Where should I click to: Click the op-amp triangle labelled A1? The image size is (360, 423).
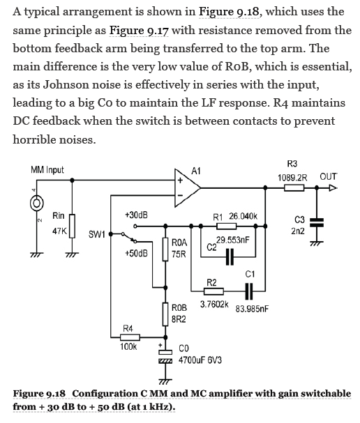click(x=187, y=187)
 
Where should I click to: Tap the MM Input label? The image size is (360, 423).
click(x=47, y=170)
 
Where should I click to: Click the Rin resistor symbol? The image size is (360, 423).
click(x=72, y=226)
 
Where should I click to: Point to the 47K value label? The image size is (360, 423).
click(x=59, y=231)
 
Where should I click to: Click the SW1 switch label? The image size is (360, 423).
click(x=97, y=234)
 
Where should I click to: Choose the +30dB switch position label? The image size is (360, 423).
click(x=136, y=215)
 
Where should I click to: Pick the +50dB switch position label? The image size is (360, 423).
click(x=136, y=254)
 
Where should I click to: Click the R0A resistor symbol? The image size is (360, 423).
click(x=165, y=249)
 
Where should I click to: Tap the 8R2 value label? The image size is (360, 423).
click(x=179, y=319)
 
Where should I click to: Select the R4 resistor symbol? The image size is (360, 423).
click(x=130, y=337)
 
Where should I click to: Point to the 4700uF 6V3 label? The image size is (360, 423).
click(x=200, y=360)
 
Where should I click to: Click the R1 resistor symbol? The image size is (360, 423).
click(x=226, y=226)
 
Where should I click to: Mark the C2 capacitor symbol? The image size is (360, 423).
click(x=230, y=257)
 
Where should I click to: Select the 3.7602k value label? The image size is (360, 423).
click(x=214, y=305)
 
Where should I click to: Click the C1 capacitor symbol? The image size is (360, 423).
click(x=249, y=291)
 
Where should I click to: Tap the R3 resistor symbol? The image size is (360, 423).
click(x=294, y=187)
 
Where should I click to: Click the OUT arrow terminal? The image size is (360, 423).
click(x=333, y=187)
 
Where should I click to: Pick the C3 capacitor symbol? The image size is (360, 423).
click(x=317, y=222)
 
